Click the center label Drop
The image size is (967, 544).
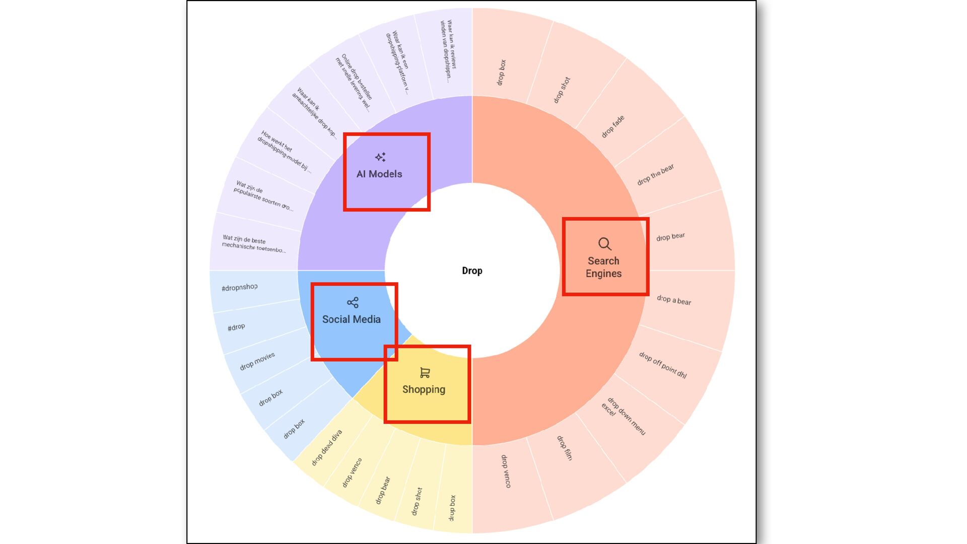point(472,270)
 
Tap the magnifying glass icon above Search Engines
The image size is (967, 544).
point(604,244)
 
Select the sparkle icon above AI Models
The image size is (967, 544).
point(380,157)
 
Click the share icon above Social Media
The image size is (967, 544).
point(353,302)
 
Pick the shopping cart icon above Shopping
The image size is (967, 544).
point(425,373)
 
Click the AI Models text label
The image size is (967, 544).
point(379,174)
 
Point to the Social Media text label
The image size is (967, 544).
point(351,319)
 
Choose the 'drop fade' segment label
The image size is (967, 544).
point(612,126)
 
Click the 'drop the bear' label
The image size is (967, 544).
point(655,175)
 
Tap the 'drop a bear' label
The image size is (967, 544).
point(674,300)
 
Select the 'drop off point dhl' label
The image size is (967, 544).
point(663,365)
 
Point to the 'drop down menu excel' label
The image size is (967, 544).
point(624,416)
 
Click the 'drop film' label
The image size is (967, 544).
point(564,448)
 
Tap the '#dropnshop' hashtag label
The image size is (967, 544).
point(239,288)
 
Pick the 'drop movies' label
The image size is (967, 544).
point(257,361)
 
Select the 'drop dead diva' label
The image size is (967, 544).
point(326,447)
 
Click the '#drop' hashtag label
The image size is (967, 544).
point(236,327)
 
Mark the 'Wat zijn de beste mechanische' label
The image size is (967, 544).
point(254,244)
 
